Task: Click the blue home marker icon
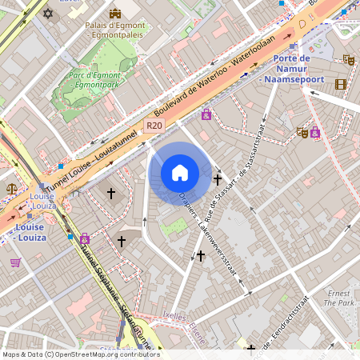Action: [x=180, y=173]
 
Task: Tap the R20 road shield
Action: [x=155, y=126]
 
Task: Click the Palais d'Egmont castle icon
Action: [x=115, y=13]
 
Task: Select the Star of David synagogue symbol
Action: [x=47, y=14]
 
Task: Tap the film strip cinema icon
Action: [x=342, y=84]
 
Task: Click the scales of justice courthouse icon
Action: [x=12, y=189]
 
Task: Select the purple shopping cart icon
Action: [x=15, y=262]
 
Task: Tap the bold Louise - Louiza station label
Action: [x=30, y=231]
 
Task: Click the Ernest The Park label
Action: [x=338, y=298]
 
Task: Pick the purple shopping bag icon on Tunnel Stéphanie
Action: [x=85, y=238]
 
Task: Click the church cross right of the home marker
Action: [x=218, y=179]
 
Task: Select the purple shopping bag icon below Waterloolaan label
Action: [x=206, y=114]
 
